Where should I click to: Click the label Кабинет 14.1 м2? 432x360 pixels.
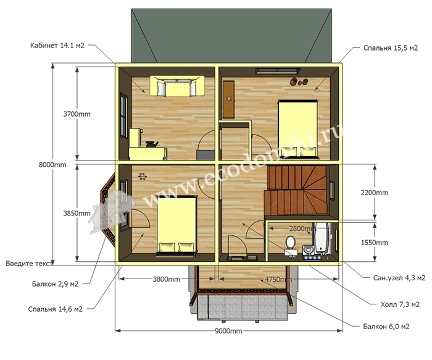coord(57,45)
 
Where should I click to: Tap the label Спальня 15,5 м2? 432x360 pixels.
coord(391,48)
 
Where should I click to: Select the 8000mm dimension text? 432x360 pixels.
coord(52,165)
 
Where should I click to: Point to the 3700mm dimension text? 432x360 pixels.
coord(77,114)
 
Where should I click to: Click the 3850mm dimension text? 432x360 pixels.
coord(77,213)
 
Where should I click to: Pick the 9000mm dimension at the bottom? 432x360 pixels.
coord(228,331)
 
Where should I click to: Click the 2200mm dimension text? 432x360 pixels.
coord(375,193)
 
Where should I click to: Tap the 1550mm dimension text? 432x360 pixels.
coord(375,243)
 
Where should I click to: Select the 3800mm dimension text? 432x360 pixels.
coord(167,279)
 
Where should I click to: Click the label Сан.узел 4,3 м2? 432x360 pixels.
coord(399,278)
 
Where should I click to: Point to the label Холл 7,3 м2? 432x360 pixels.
coord(400,304)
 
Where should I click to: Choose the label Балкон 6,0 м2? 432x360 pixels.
coord(386,327)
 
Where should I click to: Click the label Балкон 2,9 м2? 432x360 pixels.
coord(55,283)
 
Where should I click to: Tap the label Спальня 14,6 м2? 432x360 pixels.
coord(55,309)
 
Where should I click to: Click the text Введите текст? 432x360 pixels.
coord(29,264)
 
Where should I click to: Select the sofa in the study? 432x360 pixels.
coord(177,86)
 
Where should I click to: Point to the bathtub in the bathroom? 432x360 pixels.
coord(322,238)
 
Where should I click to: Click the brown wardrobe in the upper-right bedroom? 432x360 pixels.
coord(228,99)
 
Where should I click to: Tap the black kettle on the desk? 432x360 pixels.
coord(151,144)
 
